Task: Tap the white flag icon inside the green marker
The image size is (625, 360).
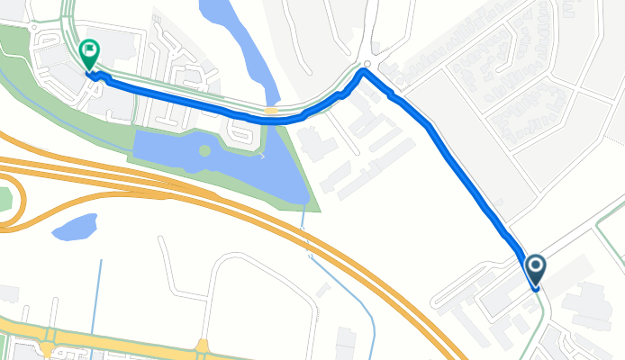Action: (x=89, y=49)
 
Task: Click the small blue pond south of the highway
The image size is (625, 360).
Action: (x=74, y=227)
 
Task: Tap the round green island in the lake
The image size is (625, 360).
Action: (x=205, y=150)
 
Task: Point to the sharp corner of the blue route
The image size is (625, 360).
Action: (x=364, y=72)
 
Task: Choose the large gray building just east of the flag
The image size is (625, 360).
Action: (x=122, y=49)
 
